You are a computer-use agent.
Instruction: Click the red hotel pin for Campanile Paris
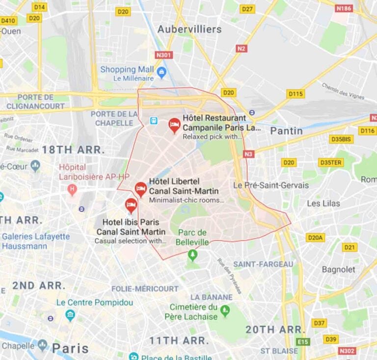[x=174, y=125]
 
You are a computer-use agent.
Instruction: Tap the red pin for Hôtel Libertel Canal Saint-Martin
[x=140, y=188]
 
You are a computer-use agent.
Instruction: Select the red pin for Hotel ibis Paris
[x=131, y=205]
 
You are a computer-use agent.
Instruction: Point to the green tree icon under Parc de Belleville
[x=192, y=255]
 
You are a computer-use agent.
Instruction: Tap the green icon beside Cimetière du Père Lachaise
[x=225, y=310]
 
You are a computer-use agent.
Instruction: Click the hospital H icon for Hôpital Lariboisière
[x=73, y=189]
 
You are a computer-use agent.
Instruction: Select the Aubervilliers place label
[x=189, y=29]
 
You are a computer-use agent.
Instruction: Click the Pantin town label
[x=286, y=130]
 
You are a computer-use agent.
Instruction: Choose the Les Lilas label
[x=323, y=203]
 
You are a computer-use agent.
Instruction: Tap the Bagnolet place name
[x=338, y=269]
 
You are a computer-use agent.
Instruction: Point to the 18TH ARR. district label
[x=73, y=150]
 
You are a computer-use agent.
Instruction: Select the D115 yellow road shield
[x=296, y=94]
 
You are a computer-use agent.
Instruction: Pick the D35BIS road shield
[x=341, y=139]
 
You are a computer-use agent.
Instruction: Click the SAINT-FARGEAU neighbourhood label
[x=263, y=264]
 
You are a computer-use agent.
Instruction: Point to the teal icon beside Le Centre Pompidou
[x=70, y=314]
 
